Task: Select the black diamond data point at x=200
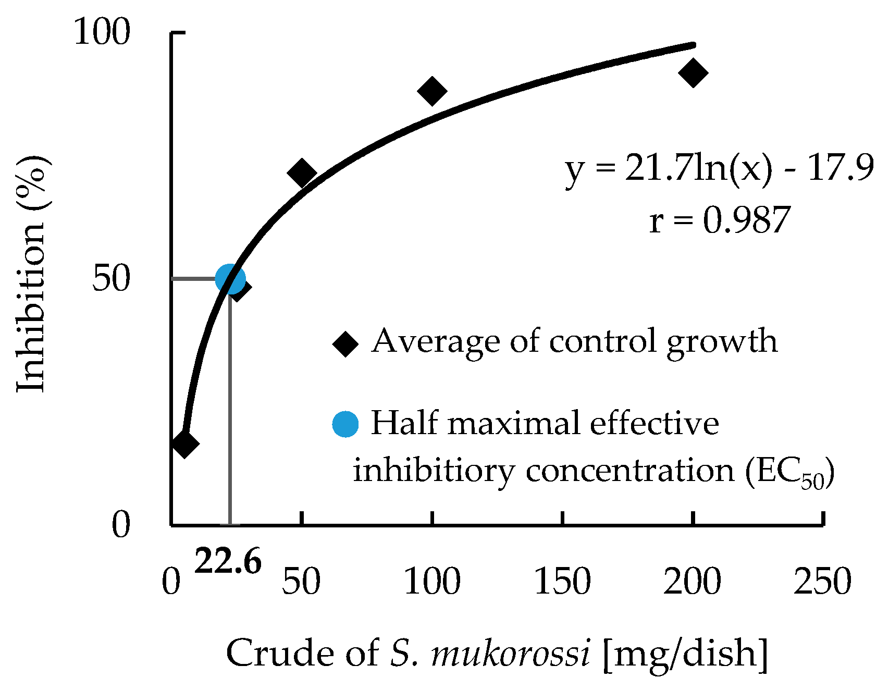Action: [x=693, y=72]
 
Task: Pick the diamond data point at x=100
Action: [x=432, y=91]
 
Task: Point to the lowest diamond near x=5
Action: [x=184, y=443]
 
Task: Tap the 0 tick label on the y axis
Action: [x=121, y=525]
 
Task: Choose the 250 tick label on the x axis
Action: [x=822, y=581]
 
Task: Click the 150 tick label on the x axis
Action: [x=562, y=581]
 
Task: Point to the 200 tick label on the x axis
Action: [x=692, y=581]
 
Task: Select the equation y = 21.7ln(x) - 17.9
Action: [x=719, y=169]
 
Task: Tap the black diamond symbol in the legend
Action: [x=345, y=343]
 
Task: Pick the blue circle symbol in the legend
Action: [x=345, y=424]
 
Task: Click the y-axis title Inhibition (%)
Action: [x=31, y=274]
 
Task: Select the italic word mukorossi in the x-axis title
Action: [x=511, y=653]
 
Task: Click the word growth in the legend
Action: [x=722, y=342]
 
